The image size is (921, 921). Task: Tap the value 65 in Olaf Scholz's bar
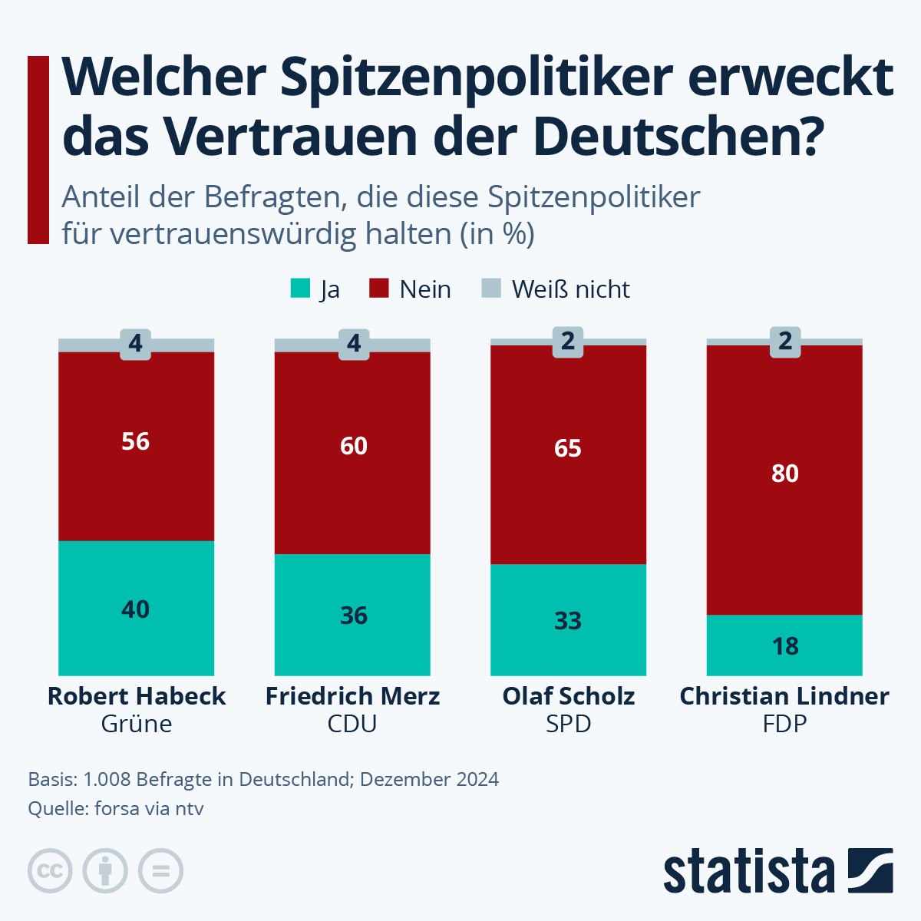(568, 448)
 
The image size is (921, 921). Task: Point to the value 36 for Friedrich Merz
(354, 616)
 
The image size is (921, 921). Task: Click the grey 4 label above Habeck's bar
(136, 343)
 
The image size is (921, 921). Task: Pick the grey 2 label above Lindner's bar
(785, 342)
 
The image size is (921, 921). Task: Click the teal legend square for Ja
(300, 289)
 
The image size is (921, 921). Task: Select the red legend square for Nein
(379, 289)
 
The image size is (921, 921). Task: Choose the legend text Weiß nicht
(570, 289)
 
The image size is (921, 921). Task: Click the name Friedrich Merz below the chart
(352, 696)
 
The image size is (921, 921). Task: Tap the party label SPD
(569, 724)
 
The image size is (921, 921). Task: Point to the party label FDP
(784, 724)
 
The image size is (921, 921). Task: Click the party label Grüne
(137, 724)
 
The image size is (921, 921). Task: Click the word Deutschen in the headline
(678, 136)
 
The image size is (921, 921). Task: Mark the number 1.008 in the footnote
(107, 780)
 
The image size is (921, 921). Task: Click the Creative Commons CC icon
(50, 871)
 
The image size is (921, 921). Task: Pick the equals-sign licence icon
(160, 871)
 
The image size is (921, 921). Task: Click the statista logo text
(748, 872)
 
